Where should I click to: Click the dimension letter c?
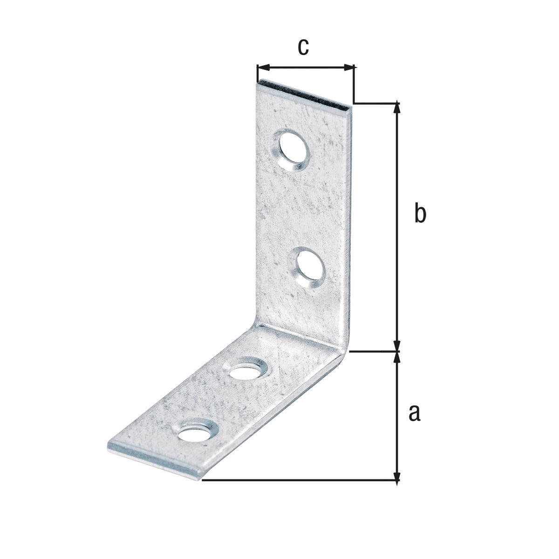click(303, 47)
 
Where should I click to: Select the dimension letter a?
click(414, 413)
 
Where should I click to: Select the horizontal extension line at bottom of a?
click(298, 479)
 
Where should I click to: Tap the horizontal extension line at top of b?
click(375, 102)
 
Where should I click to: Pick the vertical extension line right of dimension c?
click(354, 84)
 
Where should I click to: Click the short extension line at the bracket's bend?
click(373, 352)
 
